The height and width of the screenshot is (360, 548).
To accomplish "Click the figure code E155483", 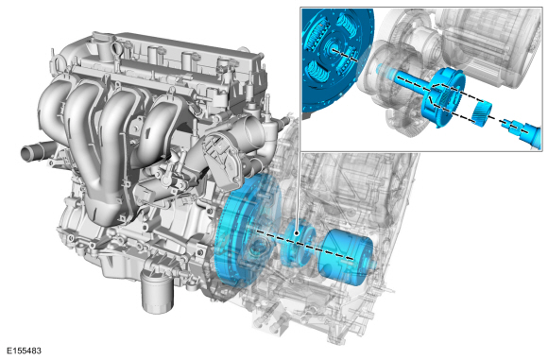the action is [25, 351].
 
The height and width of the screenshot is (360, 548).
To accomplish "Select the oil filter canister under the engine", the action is [157, 291].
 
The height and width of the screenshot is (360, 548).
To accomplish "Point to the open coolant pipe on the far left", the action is [35, 153].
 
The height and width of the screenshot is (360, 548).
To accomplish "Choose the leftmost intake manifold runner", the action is [52, 115].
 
